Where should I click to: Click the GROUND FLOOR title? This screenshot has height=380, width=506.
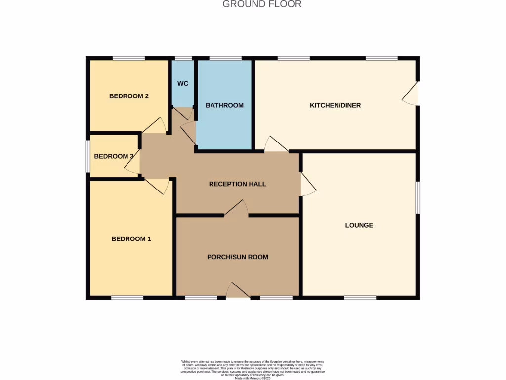click(x=262, y=4)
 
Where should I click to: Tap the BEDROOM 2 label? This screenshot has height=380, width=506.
click(x=129, y=96)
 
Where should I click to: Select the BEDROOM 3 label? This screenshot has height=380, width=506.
click(x=114, y=156)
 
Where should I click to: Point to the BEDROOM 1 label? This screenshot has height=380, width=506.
click(x=131, y=239)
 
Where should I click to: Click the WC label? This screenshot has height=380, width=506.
click(x=183, y=83)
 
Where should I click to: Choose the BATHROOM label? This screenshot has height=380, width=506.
click(x=224, y=105)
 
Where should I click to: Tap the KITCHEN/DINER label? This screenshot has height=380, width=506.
click(x=335, y=105)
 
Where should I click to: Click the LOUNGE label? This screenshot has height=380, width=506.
click(x=359, y=225)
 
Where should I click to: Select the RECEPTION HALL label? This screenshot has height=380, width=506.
click(x=237, y=184)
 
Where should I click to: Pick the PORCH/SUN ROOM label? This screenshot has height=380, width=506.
click(x=237, y=257)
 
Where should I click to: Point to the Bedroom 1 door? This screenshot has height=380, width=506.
click(x=157, y=186)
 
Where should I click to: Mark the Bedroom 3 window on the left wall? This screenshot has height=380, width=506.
click(x=88, y=156)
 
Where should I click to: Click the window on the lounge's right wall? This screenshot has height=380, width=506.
click(x=418, y=197)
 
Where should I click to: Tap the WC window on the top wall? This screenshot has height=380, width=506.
click(x=183, y=58)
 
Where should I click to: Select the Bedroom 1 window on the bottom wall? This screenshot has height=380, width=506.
click(x=127, y=298)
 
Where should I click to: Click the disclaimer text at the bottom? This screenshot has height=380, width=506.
click(x=253, y=369)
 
